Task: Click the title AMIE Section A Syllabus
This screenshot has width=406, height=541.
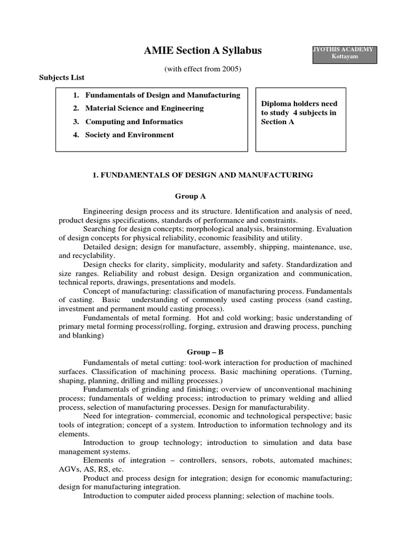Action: click(203, 51)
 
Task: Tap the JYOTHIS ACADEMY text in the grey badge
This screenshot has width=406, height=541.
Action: click(344, 50)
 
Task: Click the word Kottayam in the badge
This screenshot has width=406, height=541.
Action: click(344, 57)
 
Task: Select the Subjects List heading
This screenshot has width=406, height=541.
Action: click(62, 77)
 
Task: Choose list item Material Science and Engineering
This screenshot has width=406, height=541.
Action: click(144, 108)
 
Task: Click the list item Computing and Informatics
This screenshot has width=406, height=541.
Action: click(134, 122)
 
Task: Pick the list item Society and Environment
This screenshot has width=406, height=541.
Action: click(130, 135)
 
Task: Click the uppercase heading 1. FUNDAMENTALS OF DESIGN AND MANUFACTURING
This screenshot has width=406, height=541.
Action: click(203, 175)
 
